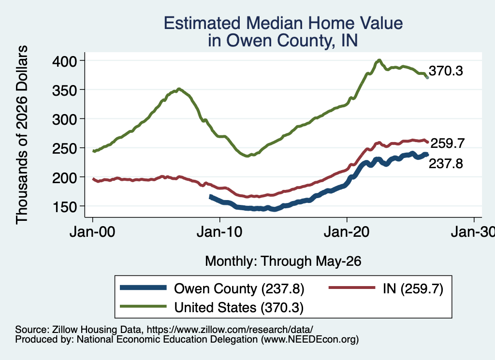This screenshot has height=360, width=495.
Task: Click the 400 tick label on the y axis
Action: pos(64,61)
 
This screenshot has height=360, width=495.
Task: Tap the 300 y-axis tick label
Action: pos(64,119)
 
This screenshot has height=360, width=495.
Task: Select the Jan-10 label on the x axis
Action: pos(219,232)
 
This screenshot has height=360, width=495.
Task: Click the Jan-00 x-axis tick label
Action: pos(92,232)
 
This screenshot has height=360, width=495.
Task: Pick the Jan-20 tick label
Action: pos(347,232)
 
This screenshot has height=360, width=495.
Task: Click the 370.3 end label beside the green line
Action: pos(446,71)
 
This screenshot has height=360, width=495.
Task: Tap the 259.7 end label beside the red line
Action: pos(447,144)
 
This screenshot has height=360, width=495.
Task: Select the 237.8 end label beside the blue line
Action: pos(446,164)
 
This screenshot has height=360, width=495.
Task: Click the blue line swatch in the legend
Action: pos(143,288)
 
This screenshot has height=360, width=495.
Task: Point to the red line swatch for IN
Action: pos(352,288)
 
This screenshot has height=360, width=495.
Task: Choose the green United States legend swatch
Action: pos(143,307)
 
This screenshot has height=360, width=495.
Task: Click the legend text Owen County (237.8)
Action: pos(239,288)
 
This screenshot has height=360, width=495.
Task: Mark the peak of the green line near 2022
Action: pos(379,60)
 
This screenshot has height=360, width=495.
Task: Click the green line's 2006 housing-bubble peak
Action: pos(179,89)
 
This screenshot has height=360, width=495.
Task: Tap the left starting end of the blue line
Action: pos(211,197)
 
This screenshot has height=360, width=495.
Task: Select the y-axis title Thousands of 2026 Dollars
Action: pos(22,135)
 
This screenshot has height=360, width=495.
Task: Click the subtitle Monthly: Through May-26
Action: pos(283,261)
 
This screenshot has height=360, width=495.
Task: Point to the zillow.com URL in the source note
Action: pos(230,330)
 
